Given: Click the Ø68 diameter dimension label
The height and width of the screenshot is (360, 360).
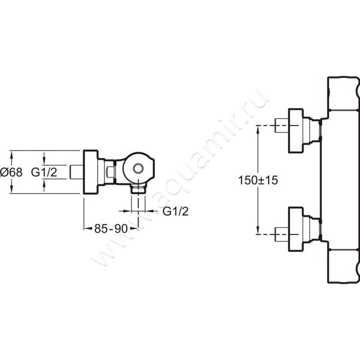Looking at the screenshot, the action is point(11,172).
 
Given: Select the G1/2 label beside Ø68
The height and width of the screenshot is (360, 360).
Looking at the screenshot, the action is point(44,172).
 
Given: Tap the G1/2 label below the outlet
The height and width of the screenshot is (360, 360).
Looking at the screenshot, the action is point(175,211).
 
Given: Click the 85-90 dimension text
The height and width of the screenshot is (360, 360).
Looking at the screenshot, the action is point(111,229).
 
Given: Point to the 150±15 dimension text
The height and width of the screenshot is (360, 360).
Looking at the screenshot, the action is point(258,180).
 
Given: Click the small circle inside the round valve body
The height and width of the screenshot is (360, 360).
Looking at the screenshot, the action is point(138,168).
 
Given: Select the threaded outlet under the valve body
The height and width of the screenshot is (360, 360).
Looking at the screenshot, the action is point(138,189).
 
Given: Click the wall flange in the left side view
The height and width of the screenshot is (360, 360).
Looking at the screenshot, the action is point(91,172).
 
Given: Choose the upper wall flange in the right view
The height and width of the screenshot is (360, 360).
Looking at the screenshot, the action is point(296,130).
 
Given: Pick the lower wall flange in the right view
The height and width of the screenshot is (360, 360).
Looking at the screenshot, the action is point(296,229).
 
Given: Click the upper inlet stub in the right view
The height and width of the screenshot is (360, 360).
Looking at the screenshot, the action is point(282,126).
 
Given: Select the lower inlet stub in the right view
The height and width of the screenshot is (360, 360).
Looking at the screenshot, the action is point(282,234).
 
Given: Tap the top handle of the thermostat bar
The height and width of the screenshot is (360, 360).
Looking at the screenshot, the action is point(343,94).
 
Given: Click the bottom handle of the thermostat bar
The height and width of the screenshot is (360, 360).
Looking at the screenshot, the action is point(343,266).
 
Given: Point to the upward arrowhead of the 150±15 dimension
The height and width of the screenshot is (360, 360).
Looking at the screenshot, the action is point(258,130).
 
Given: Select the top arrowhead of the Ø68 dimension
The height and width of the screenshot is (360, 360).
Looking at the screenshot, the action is point(11,154).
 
